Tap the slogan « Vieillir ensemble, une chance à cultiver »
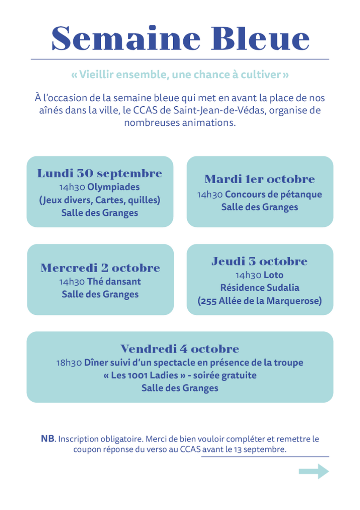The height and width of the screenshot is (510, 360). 180,75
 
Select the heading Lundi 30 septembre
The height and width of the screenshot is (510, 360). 100,174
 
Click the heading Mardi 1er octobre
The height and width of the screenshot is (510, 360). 260,179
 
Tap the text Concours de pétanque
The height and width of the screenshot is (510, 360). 273,194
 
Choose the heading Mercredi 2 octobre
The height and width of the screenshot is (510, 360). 100,268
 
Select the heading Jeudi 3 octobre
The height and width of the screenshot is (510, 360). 260,262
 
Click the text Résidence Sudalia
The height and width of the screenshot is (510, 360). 260,288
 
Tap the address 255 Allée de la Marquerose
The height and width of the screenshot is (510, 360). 260,301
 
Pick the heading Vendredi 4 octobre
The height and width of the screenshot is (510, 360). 180,349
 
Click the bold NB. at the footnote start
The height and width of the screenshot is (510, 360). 48,439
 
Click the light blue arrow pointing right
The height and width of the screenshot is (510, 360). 314,471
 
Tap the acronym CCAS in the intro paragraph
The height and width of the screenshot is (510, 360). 160,110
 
